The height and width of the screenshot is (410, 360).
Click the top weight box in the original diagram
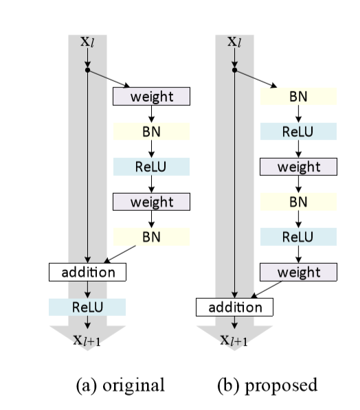coord(151,97)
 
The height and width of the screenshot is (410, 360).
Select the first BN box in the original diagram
coord(151,131)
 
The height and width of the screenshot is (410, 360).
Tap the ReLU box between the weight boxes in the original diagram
coord(151,167)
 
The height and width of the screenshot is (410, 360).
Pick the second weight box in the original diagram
coord(151,201)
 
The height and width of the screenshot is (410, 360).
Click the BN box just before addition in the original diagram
coord(151,237)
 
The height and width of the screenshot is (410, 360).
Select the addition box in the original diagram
coord(87,272)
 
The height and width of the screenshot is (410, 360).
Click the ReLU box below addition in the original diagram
coord(87,307)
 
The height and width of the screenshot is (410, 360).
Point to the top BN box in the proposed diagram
coord(298,97)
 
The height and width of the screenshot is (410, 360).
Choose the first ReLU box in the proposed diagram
coord(298,131)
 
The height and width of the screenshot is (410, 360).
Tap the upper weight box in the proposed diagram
coord(298,167)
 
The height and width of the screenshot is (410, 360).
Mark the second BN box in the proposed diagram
coord(298,201)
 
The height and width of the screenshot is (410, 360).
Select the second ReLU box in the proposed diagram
coord(298,237)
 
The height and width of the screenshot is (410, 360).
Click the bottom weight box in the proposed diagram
coord(298,272)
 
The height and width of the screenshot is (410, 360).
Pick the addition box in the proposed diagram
coord(235,307)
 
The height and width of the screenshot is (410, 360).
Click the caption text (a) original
coord(120,385)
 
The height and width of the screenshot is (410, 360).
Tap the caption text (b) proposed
coord(267,385)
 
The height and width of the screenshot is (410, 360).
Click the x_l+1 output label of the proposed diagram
coord(235,341)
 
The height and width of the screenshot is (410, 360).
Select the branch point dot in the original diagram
coord(87,69)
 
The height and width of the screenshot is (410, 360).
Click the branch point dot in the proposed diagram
coord(235,69)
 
